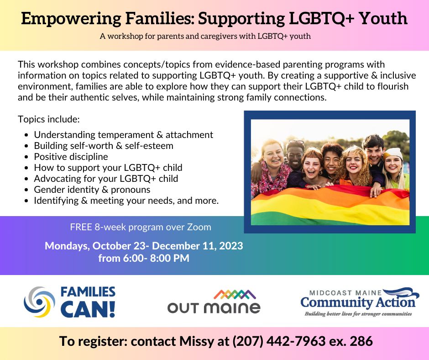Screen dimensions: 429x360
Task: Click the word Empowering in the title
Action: tap(71, 18)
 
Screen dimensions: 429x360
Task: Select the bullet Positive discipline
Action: tap(71, 157)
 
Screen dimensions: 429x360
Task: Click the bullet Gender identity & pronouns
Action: tap(92, 190)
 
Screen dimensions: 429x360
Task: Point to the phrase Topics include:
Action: tap(49, 119)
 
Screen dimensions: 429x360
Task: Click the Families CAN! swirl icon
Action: tap(39, 302)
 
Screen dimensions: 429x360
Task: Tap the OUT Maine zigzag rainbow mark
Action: tap(235, 295)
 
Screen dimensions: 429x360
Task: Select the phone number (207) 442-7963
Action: tap(279, 341)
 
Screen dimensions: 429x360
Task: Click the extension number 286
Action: tap(361, 341)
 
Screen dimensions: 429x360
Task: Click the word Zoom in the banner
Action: tap(199, 227)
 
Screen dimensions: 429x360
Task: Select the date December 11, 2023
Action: tap(197, 246)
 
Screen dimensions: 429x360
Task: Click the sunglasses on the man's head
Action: tap(296, 142)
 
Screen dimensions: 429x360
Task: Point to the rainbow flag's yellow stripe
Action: tap(330, 207)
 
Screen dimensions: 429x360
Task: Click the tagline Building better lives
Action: tap(358, 314)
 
